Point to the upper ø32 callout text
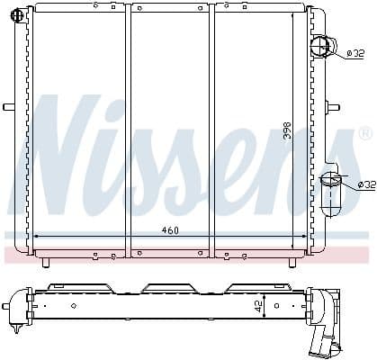point(355,53)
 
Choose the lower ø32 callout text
point(365,184)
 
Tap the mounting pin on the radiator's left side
point(9,107)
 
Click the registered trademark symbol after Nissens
point(364,133)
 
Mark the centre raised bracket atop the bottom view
point(166,288)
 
